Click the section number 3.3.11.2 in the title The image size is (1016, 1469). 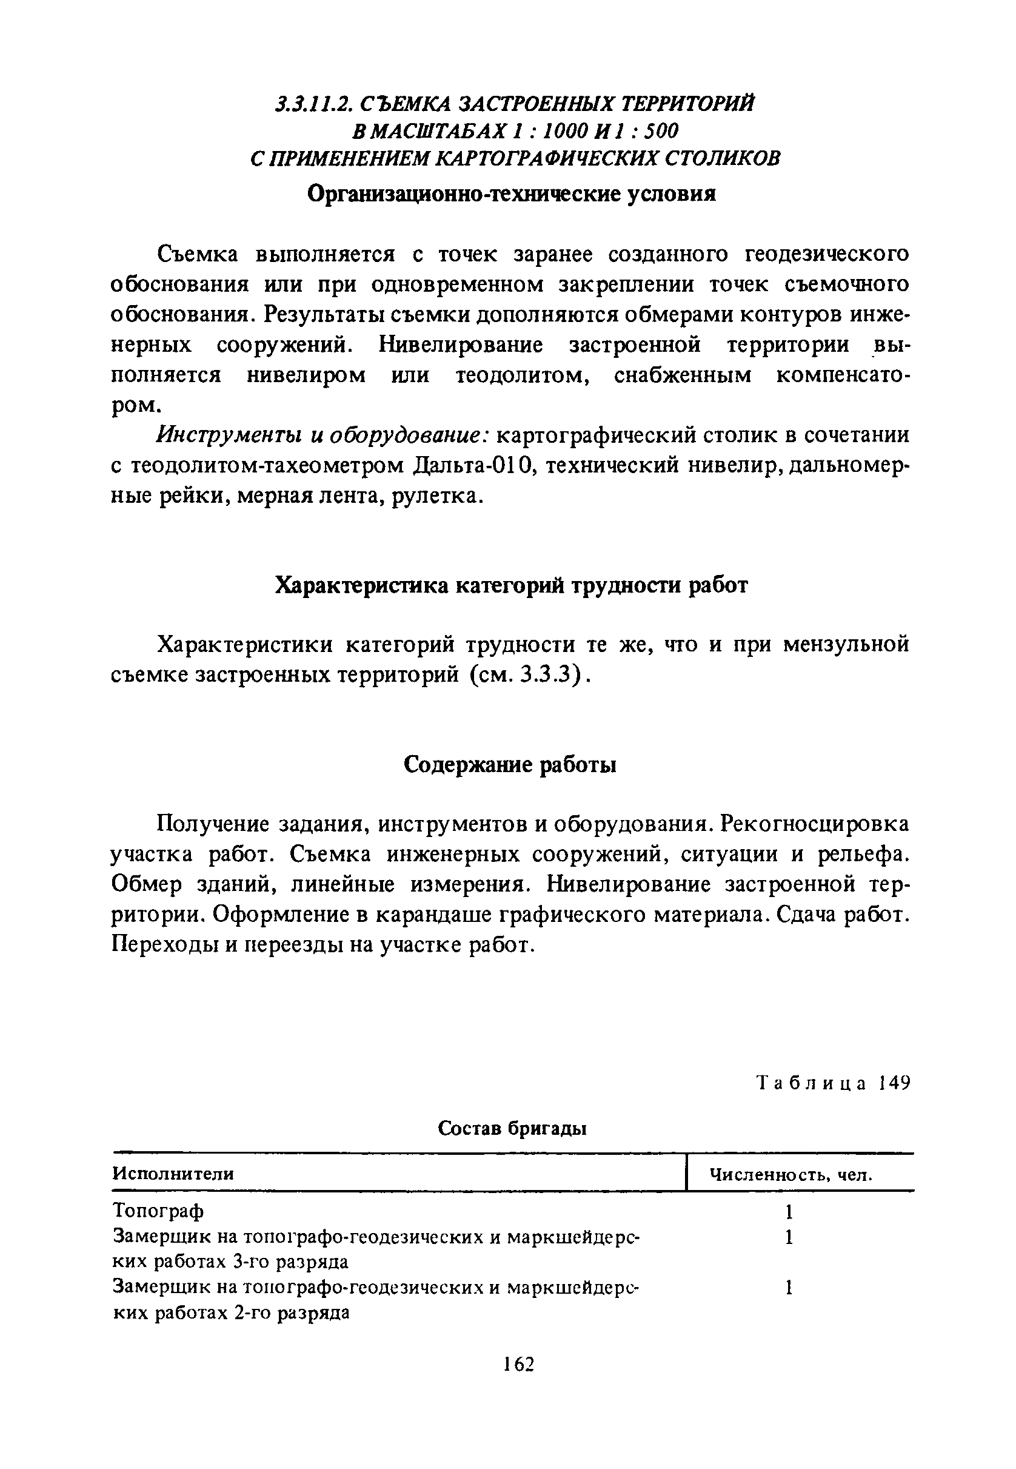pyautogui.click(x=310, y=103)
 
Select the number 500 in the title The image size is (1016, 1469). pyautogui.click(x=661, y=130)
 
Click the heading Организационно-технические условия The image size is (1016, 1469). pyautogui.click(x=511, y=193)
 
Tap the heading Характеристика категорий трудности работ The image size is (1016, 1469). pyautogui.click(x=511, y=585)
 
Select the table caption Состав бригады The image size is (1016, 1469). pyautogui.click(x=512, y=1129)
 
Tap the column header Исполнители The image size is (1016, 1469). pyautogui.click(x=173, y=1173)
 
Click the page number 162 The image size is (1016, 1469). pyautogui.click(x=518, y=1364)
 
